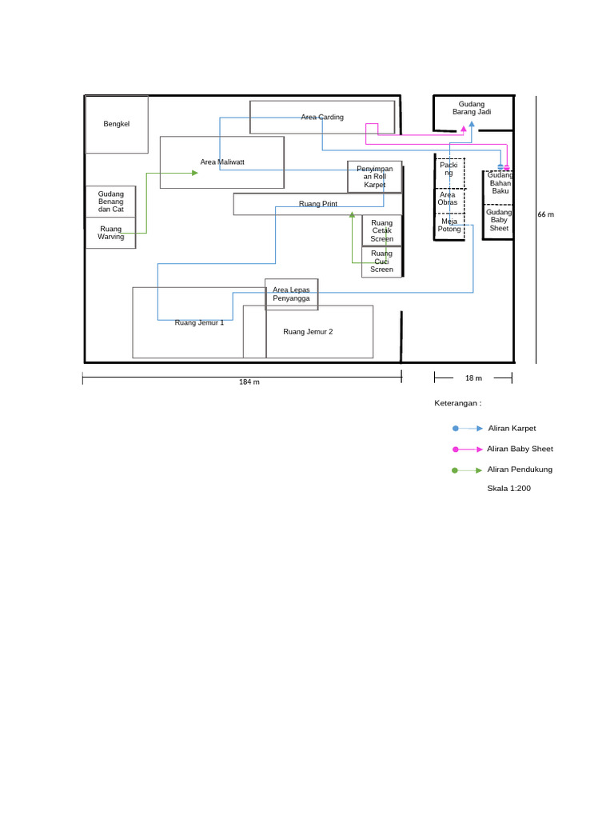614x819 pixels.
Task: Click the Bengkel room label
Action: click(116, 124)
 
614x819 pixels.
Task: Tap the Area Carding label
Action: click(322, 117)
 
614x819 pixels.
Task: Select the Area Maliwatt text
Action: click(222, 162)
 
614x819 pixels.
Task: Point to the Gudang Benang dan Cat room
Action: click(111, 202)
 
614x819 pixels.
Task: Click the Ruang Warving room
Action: click(111, 233)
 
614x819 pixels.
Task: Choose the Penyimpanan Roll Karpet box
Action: click(374, 177)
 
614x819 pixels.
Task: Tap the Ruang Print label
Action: click(318, 204)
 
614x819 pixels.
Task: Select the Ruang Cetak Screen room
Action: click(381, 230)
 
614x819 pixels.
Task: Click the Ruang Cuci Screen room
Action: click(381, 262)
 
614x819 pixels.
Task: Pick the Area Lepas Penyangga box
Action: click(291, 294)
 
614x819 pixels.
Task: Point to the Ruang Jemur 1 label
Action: click(199, 322)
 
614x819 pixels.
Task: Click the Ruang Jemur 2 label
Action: click(308, 331)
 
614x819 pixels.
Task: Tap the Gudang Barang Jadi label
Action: click(472, 108)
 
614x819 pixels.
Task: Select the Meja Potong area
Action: click(449, 225)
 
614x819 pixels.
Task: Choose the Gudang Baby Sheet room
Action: click(499, 220)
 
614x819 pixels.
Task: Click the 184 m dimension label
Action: click(249, 382)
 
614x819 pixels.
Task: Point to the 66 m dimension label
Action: click(545, 214)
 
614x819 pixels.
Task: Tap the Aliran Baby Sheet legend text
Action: click(520, 449)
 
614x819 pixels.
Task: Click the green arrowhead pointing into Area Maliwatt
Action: click(194, 172)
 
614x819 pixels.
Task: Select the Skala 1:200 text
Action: click(508, 488)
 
